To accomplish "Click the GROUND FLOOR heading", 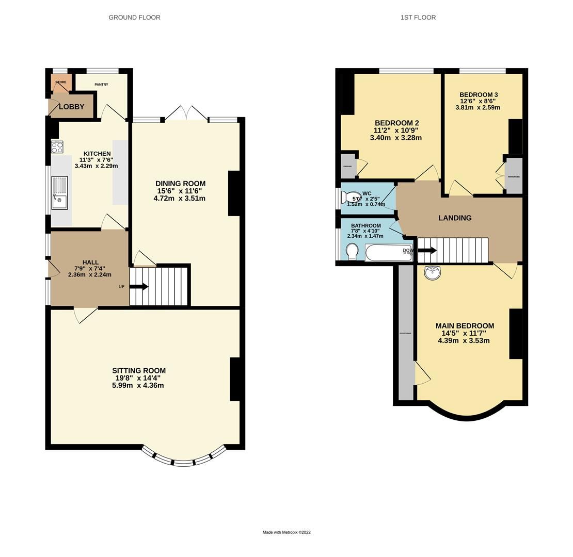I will click(x=134, y=18).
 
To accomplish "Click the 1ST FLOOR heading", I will click(x=418, y=18).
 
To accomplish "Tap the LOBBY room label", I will click(x=71, y=107).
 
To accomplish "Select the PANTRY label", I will click(x=101, y=85).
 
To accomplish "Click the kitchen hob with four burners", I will click(x=57, y=147).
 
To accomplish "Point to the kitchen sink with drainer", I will click(x=59, y=193).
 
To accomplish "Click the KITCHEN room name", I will click(x=97, y=154).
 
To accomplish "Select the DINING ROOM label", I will click(x=180, y=184).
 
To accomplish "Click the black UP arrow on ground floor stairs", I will click(x=139, y=286).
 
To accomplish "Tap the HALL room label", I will click(x=90, y=263).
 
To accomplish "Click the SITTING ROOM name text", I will click(x=139, y=370).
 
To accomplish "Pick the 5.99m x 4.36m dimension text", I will click(x=138, y=385).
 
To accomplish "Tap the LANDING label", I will click(x=455, y=218).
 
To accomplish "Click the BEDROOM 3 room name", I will click(x=479, y=95).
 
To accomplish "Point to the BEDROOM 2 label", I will click(x=396, y=123).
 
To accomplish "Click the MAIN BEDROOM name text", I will click(x=465, y=326).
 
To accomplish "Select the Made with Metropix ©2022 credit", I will click(x=286, y=532).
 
